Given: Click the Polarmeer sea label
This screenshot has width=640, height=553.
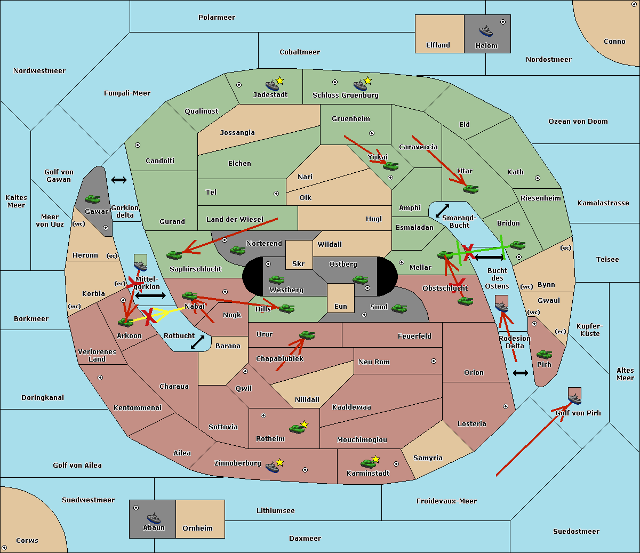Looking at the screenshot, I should pyautogui.click(x=217, y=18).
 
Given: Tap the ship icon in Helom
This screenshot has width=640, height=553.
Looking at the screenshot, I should pyautogui.click(x=486, y=31).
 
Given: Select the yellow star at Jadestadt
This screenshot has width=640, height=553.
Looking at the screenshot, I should pyautogui.click(x=280, y=81).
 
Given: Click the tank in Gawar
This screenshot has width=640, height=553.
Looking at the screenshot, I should pyautogui.click(x=93, y=199).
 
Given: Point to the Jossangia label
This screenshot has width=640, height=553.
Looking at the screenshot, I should pyautogui.click(x=237, y=133).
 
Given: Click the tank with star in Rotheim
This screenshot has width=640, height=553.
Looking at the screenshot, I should pyautogui.click(x=297, y=428).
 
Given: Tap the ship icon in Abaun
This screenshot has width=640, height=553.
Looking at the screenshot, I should pyautogui.click(x=154, y=518).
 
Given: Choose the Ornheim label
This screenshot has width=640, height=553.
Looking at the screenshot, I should pyautogui.click(x=197, y=528).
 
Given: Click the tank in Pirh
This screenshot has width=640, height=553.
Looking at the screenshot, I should pyautogui.click(x=544, y=355).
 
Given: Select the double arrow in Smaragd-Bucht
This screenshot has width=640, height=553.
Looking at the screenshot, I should pyautogui.click(x=443, y=211).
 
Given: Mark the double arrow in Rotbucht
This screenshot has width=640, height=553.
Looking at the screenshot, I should pyautogui.click(x=198, y=342).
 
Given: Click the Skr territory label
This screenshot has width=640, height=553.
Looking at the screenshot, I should pyautogui.click(x=299, y=264).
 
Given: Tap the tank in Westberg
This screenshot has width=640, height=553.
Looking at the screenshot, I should pyautogui.click(x=276, y=280).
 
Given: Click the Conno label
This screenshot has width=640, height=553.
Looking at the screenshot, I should pyautogui.click(x=614, y=42).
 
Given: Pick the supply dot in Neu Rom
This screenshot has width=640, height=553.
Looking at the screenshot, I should pyautogui.click(x=434, y=361).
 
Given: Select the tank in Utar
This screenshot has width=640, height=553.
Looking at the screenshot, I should pyautogui.click(x=470, y=189).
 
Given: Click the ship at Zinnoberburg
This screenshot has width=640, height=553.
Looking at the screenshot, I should pyautogui.click(x=273, y=467).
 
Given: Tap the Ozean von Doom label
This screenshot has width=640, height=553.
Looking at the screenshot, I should pyautogui.click(x=578, y=122).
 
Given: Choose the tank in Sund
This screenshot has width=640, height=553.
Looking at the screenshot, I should pyautogui.click(x=399, y=308).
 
